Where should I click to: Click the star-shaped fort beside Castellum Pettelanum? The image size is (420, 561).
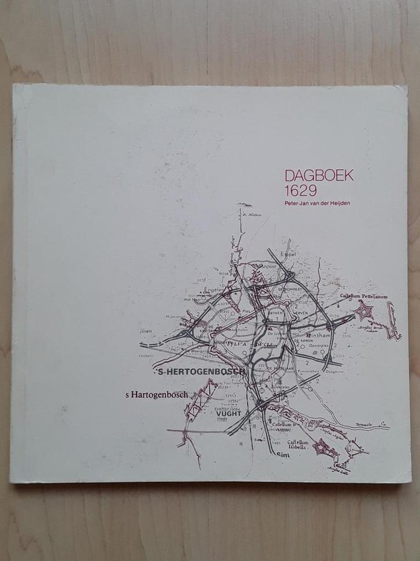tap(363, 312)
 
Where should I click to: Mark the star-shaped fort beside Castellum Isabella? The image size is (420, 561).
tap(320, 447)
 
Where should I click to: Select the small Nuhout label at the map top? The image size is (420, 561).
tap(254, 214)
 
